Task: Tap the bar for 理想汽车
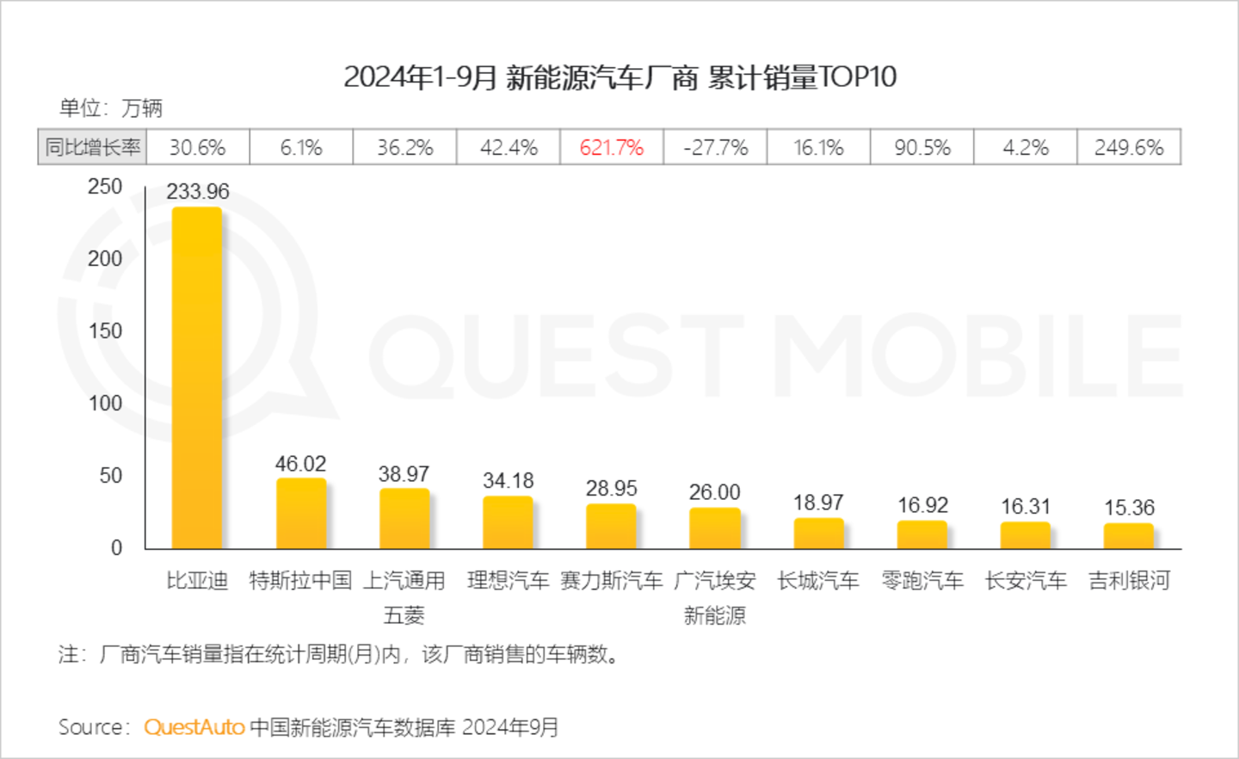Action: click(508, 522)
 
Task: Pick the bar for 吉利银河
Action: click(1129, 535)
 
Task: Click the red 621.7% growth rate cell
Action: click(612, 147)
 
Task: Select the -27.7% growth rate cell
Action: click(715, 147)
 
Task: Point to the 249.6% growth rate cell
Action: click(1129, 147)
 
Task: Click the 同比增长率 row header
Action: click(93, 147)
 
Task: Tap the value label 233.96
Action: click(198, 191)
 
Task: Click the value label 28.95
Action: click(612, 488)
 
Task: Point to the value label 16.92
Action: click(922, 504)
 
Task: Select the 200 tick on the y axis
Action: click(105, 258)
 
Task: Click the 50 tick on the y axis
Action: click(111, 475)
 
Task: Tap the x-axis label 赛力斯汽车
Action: click(612, 581)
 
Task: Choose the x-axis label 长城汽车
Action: click(818, 581)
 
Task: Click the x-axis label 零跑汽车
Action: click(922, 581)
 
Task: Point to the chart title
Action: click(619, 77)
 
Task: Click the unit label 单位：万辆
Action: click(111, 108)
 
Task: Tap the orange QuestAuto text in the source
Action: click(194, 727)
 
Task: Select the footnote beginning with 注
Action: click(340, 655)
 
